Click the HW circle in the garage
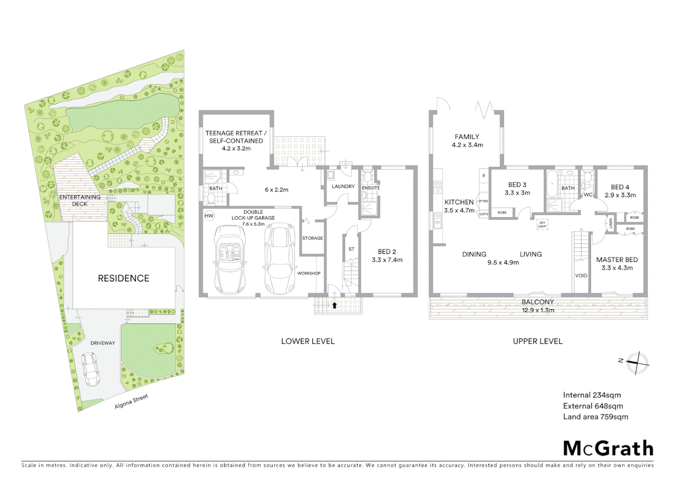209,216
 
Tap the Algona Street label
131,401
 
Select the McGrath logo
608,448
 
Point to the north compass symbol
638,363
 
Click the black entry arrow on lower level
334,305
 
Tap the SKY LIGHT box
542,224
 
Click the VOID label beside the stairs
581,275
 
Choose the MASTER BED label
617,260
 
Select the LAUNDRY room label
343,186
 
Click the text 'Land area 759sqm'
595,416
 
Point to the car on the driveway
91,369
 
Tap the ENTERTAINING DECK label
80,200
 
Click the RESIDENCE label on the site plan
123,278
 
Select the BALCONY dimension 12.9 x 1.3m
538,310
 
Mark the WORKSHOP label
309,273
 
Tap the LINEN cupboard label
611,223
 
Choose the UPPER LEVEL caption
538,341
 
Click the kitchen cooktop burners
438,187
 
